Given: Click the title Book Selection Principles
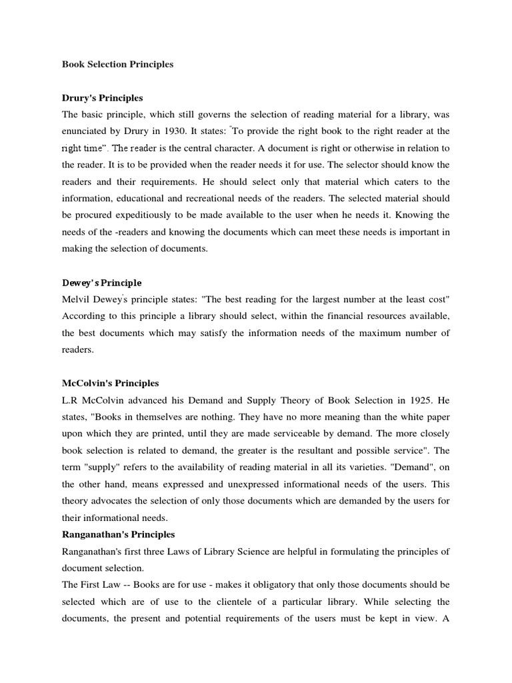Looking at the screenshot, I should pyautogui.click(x=117, y=65).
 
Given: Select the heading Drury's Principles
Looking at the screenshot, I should pyautogui.click(x=102, y=98).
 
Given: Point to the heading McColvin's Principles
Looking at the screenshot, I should pyautogui.click(x=110, y=384).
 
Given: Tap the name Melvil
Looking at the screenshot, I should pyautogui.click(x=78, y=299).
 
